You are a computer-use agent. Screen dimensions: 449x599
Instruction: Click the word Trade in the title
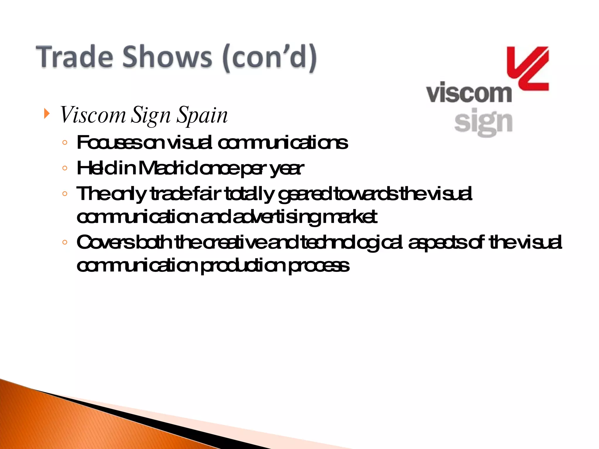[74, 57]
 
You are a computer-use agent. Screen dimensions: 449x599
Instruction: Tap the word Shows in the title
[167, 57]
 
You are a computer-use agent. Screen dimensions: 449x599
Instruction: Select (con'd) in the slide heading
[269, 58]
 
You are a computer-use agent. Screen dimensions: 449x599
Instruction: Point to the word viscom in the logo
[469, 93]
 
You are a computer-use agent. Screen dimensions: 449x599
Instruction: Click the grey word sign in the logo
[483, 122]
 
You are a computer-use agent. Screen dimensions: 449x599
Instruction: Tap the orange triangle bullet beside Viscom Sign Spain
[47, 113]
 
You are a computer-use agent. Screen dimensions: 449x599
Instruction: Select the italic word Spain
[202, 115]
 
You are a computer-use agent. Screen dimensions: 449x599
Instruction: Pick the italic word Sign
[150, 115]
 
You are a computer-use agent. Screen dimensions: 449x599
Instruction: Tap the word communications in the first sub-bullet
[283, 143]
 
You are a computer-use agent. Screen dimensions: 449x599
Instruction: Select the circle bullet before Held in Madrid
[65, 168]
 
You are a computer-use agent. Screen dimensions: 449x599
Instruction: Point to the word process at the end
[319, 266]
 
